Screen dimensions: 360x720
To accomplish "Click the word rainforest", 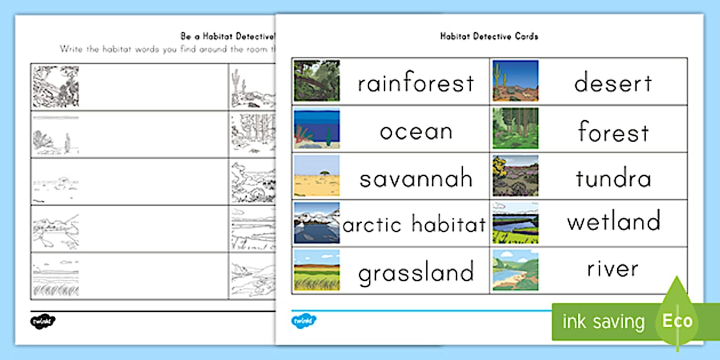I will [415, 83].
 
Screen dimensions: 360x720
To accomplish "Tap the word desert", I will [613, 83].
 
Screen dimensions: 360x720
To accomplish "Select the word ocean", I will [415, 131].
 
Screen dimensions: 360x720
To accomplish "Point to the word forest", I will [613, 132].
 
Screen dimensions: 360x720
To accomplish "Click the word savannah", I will [415, 179].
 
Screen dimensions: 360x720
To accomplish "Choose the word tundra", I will [613, 179].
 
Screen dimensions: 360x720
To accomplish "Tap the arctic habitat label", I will [414, 225].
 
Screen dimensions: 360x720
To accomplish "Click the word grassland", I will [415, 273].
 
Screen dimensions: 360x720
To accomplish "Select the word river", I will [613, 269].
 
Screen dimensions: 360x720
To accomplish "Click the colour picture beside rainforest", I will [317, 81].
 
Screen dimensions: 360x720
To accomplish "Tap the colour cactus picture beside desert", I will [515, 81].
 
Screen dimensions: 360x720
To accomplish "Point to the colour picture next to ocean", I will [317, 129].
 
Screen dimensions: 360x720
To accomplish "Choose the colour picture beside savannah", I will [317, 176].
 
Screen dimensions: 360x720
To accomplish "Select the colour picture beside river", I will [515, 270].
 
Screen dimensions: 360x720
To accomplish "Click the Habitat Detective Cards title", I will [489, 36].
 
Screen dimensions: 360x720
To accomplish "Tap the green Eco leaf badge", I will [677, 321].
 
